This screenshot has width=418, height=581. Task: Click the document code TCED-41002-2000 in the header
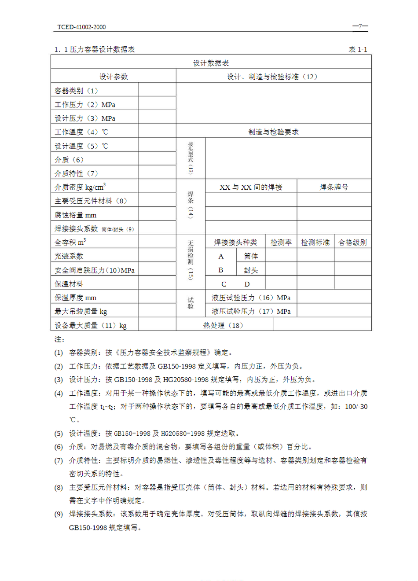point(81,27)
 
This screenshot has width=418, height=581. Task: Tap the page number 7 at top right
point(360,26)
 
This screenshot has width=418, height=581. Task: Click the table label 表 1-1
point(358,49)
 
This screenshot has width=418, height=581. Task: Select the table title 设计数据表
point(211,63)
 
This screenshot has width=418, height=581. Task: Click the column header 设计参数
point(114,77)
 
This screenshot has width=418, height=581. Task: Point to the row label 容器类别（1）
point(76,91)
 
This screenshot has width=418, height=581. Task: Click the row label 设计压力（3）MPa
point(85,118)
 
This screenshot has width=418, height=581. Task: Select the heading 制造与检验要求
point(273,132)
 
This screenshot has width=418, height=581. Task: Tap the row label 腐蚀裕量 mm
point(75,215)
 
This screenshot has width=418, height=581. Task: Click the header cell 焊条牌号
point(334,187)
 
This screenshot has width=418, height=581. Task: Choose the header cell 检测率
point(281,242)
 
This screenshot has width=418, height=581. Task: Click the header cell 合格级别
point(352,242)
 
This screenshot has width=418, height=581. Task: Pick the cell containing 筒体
point(251,256)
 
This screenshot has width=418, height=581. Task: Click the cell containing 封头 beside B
point(251,270)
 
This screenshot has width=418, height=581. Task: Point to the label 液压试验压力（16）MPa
point(251,298)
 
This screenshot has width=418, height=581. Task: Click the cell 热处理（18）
point(223,325)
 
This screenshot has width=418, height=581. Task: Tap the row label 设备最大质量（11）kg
point(91,325)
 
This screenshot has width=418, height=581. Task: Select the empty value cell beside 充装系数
point(157,256)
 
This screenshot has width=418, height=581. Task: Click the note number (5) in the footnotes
point(59,434)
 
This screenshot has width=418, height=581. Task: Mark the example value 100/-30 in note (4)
point(356,406)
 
